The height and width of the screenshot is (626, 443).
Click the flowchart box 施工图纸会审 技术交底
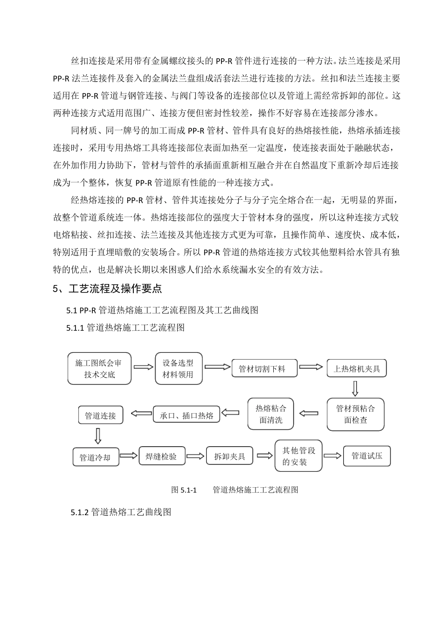pyautogui.click(x=99, y=368)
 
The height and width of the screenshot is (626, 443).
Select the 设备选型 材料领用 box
pyautogui.click(x=179, y=368)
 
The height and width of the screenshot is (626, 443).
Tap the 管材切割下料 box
pyautogui.click(x=264, y=368)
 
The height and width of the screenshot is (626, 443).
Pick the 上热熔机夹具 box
pyautogui.click(x=357, y=369)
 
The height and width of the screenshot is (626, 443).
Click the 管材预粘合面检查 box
pyautogui.click(x=355, y=414)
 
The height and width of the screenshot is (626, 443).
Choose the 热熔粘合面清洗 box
pyautogui.click(x=270, y=414)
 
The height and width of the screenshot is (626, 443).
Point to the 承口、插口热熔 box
pyautogui.click(x=186, y=415)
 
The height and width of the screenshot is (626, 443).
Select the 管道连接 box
pyautogui.click(x=100, y=415)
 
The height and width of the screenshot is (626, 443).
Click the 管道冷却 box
pyautogui.click(x=96, y=457)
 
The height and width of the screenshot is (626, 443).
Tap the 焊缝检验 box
pyautogui.click(x=162, y=456)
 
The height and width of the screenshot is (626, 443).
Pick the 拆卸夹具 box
pyautogui.click(x=229, y=456)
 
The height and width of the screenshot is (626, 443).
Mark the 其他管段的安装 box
pyautogui.click(x=298, y=456)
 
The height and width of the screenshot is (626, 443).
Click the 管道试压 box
pyautogui.click(x=367, y=456)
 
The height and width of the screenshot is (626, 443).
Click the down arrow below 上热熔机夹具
pyautogui.click(x=355, y=388)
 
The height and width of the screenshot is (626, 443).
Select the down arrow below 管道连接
pyautogui.click(x=97, y=435)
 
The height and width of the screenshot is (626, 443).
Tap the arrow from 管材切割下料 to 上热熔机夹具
pyautogui.click(x=311, y=367)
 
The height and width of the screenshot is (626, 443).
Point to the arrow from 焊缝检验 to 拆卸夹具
pyautogui.click(x=196, y=456)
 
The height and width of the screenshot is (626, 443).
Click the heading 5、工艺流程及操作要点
pyautogui.click(x=108, y=289)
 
